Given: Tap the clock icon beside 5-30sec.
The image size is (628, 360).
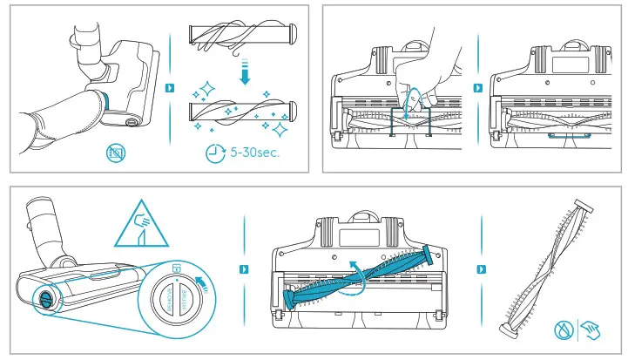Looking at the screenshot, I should coord(214,153).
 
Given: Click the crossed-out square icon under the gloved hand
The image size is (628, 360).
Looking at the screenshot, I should coord(115,154).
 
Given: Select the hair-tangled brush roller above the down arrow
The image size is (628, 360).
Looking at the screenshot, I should coord(244,37).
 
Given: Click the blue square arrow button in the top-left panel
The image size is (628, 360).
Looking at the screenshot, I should coord(170,88).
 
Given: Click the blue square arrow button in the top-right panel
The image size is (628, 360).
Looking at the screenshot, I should coord(477,88).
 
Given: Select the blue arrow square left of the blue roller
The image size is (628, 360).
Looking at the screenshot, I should coord(245,269).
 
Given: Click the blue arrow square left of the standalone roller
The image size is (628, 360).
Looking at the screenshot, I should coord(477,269).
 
